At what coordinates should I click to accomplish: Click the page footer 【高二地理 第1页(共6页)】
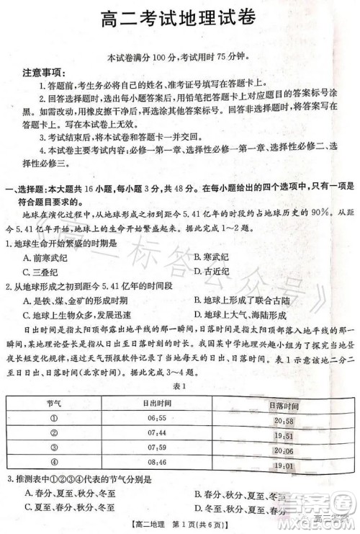(179, 528)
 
